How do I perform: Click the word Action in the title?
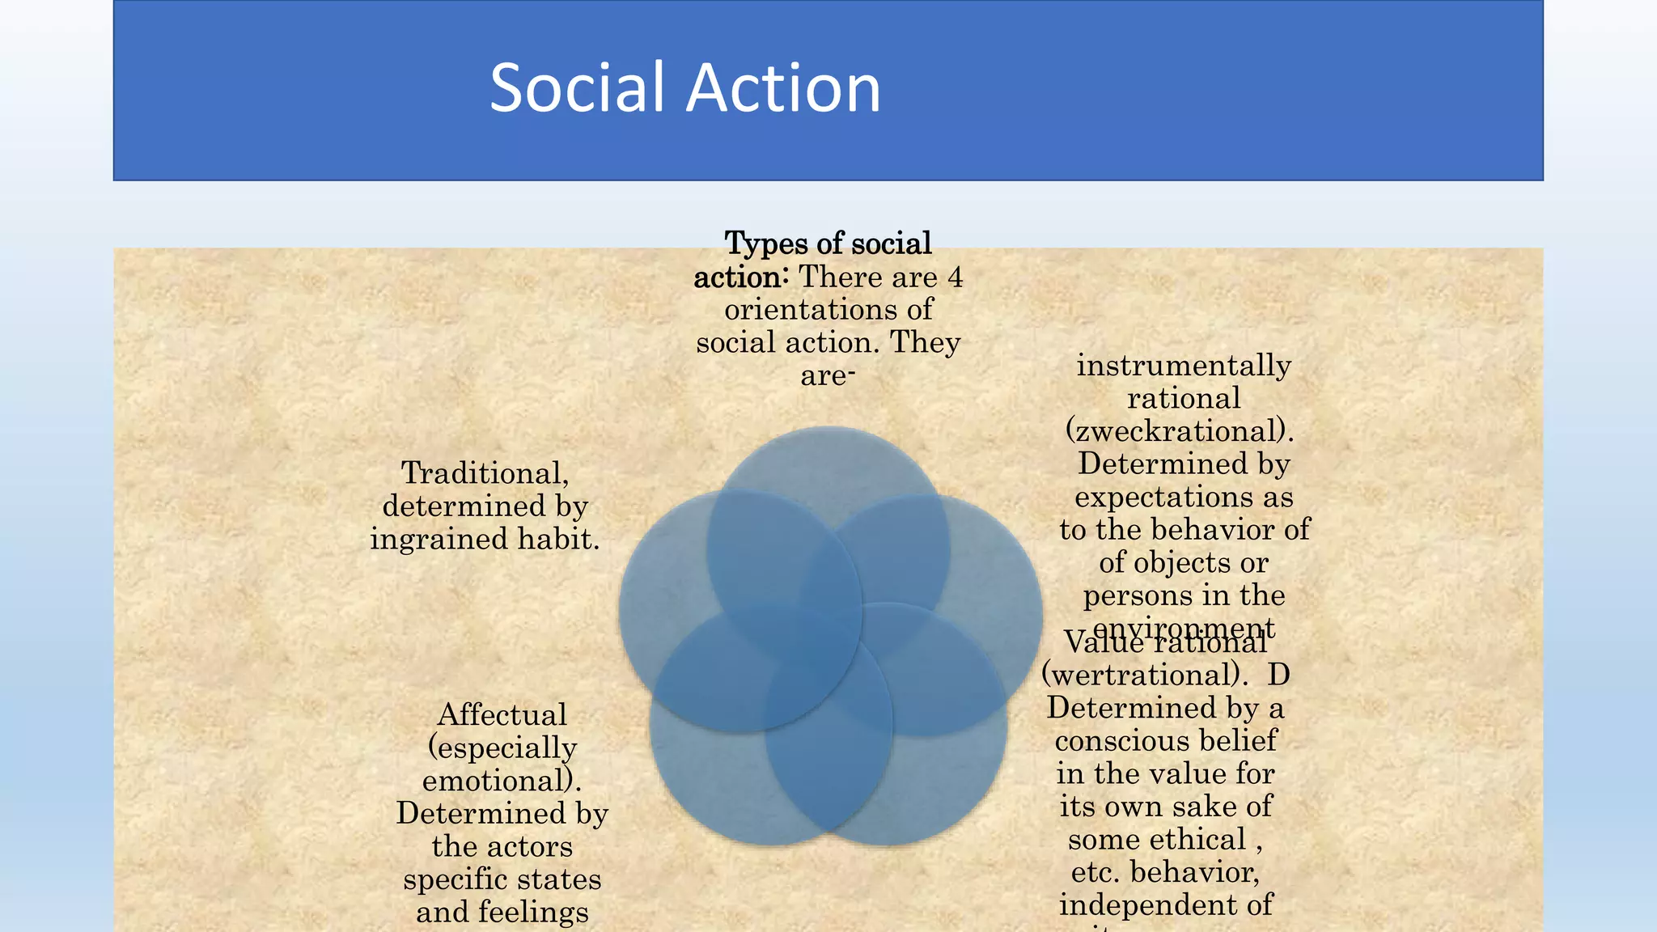tap(783, 87)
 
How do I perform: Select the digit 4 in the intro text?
tap(955, 277)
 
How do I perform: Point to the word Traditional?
tap(485, 473)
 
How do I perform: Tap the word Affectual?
tap(502, 715)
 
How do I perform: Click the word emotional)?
tap(502, 781)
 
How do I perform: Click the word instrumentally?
tap(1183, 366)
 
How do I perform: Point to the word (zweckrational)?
tap(1180, 431)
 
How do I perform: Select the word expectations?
tap(1183, 497)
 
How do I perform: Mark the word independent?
tap(1165, 905)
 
